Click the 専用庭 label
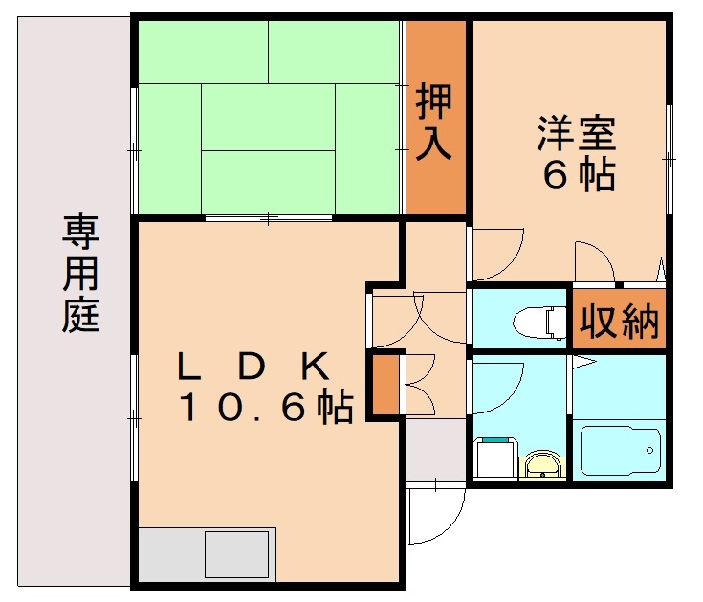(80, 274)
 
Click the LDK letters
(253, 366)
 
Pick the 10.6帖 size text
(268, 409)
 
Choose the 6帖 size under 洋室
(578, 176)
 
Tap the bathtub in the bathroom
(621, 450)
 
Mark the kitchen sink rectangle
(236, 554)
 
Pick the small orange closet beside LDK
(384, 386)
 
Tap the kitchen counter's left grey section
(170, 554)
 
